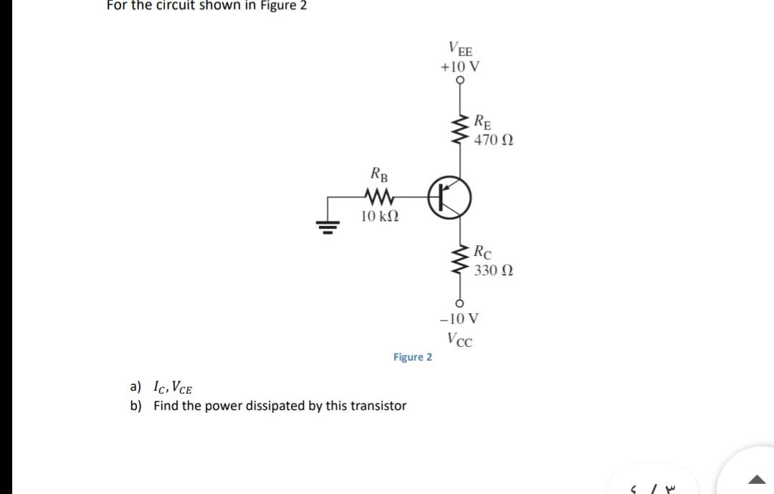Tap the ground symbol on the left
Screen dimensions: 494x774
tap(329, 227)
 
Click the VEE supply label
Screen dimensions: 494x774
tap(460, 49)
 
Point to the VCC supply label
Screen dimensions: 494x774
tap(459, 338)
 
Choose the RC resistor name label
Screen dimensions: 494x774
tap(483, 252)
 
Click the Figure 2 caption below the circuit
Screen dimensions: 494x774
tap(412, 357)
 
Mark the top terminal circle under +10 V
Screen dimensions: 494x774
tap(459, 80)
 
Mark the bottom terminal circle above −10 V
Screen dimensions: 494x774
tap(459, 302)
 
